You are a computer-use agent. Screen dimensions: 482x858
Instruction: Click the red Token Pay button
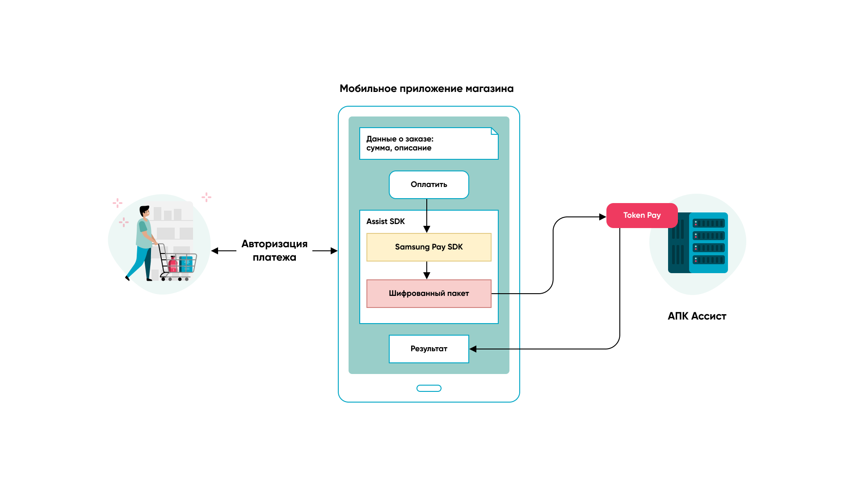[x=642, y=216]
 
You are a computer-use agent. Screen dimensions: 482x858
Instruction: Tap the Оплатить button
[x=429, y=185]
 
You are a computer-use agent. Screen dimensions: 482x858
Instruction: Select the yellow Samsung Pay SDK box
[x=429, y=247]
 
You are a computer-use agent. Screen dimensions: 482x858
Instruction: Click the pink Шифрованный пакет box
[x=429, y=294]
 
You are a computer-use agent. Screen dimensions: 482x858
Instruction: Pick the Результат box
[x=429, y=349]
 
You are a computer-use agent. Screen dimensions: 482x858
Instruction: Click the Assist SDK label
[x=385, y=221]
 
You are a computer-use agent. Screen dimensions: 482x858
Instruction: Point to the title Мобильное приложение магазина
[x=426, y=89]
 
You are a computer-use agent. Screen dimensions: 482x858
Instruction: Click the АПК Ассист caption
[x=697, y=316]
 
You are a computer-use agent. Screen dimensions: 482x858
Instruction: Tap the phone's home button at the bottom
[x=429, y=388]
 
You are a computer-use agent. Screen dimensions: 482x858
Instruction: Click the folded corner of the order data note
[x=494, y=131]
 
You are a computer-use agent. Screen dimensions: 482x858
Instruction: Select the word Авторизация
[x=274, y=244]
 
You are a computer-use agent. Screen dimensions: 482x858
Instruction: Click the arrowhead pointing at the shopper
[x=215, y=251]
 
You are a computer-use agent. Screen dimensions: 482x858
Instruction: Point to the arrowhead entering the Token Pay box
[x=602, y=217]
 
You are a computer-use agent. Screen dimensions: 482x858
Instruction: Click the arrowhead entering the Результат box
[x=473, y=349]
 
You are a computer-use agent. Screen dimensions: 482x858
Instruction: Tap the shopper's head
[x=144, y=211]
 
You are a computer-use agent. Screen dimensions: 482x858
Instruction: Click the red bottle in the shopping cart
[x=173, y=264]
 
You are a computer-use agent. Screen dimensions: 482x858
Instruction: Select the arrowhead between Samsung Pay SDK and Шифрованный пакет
[x=427, y=276]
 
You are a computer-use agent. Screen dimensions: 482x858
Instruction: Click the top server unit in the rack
[x=708, y=223]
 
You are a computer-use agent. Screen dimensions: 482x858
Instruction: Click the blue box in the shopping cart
[x=186, y=264]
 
